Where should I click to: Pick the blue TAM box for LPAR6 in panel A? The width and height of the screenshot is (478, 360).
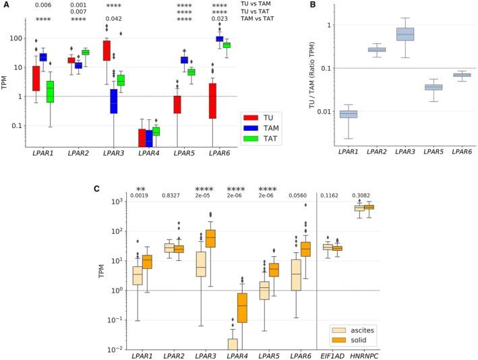pos(220,38)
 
